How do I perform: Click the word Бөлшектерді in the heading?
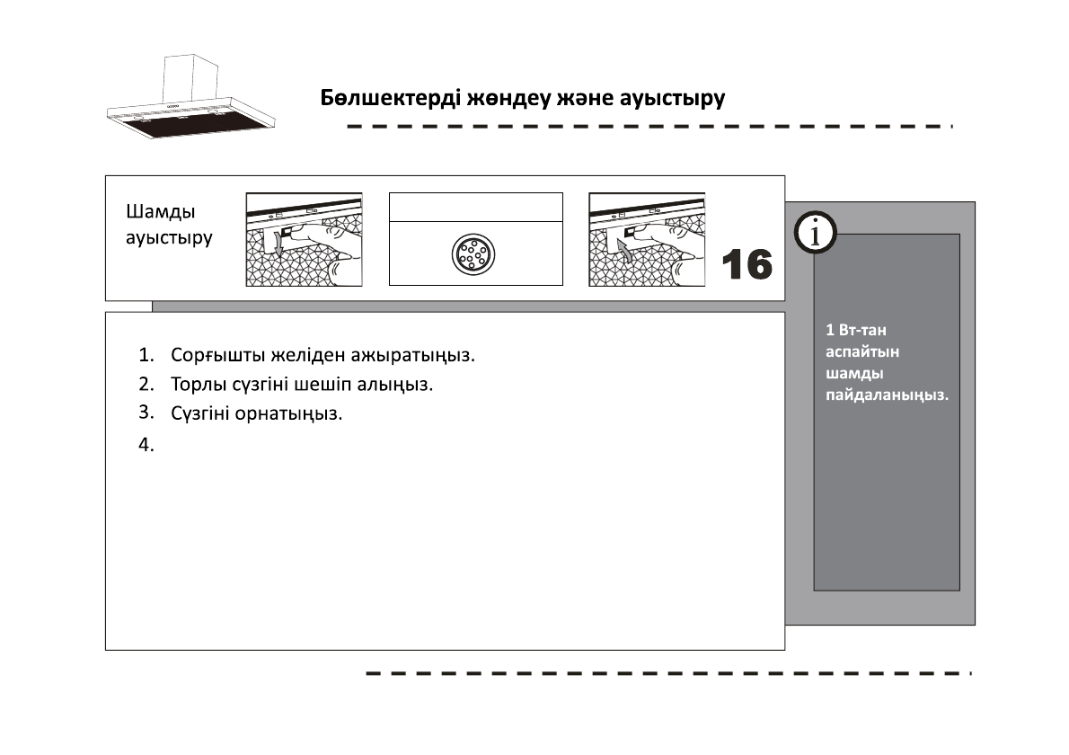pyautogui.click(x=391, y=98)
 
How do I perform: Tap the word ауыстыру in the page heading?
pyautogui.click(x=672, y=99)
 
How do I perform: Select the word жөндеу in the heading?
pyautogui.click(x=508, y=99)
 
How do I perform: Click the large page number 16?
pyautogui.click(x=747, y=264)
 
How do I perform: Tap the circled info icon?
pyautogui.click(x=816, y=234)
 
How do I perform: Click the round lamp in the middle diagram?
pyautogui.click(x=473, y=254)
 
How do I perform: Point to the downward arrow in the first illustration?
pyautogui.click(x=278, y=243)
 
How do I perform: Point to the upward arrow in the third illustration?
pyautogui.click(x=624, y=250)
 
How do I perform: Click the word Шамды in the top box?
pyautogui.click(x=161, y=211)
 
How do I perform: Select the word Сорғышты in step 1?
pyautogui.click(x=218, y=355)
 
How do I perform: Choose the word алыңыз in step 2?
pyautogui.click(x=395, y=385)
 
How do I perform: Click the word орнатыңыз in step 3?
pyautogui.click(x=288, y=414)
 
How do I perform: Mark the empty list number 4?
pyautogui.click(x=146, y=445)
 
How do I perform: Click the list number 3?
pyautogui.click(x=146, y=413)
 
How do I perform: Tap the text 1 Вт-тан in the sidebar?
pyautogui.click(x=856, y=330)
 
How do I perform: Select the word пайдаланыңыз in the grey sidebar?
pyautogui.click(x=887, y=395)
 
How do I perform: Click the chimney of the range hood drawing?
pyautogui.click(x=190, y=78)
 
